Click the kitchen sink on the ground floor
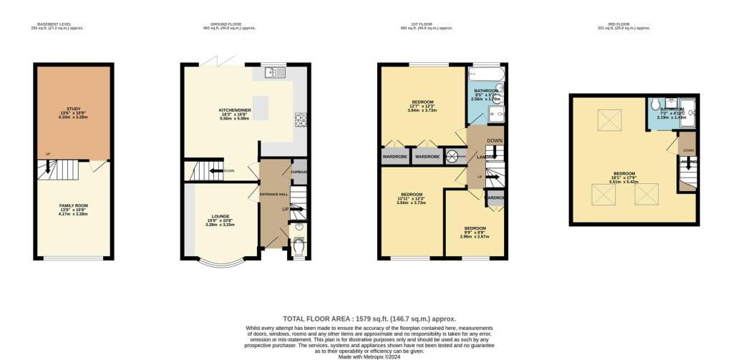click(273, 72)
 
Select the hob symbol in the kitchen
click(300, 122)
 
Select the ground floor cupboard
click(298, 172)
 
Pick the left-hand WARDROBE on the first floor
click(395, 156)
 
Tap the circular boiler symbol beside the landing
click(452, 156)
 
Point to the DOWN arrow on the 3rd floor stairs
click(687, 151)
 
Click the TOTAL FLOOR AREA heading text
click(369, 318)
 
